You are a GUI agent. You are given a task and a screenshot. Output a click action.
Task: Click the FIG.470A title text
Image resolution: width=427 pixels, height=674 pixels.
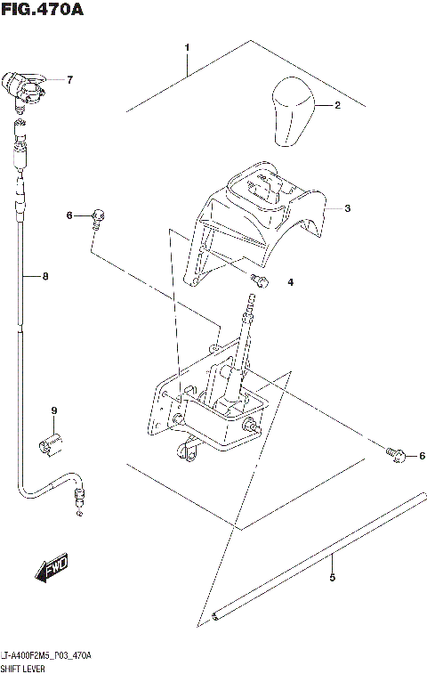[x=44, y=11]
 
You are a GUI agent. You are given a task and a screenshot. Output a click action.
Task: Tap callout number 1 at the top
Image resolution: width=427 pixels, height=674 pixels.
[x=187, y=46]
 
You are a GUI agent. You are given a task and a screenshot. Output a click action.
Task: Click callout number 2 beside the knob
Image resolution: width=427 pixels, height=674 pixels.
[x=337, y=105]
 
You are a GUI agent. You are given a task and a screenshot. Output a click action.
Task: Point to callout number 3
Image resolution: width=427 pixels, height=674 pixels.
[x=348, y=208]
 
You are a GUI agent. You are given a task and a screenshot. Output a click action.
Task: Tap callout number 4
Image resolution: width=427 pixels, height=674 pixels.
[x=289, y=283]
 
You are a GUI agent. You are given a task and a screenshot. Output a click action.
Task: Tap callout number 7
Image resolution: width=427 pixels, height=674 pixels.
[x=69, y=80]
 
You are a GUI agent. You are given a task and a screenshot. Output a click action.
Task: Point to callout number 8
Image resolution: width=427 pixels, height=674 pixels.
[x=45, y=276]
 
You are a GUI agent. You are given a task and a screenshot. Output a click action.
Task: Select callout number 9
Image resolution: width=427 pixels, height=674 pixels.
[x=53, y=410]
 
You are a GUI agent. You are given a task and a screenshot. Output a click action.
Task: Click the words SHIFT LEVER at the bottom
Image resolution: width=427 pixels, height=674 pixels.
[x=28, y=666]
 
